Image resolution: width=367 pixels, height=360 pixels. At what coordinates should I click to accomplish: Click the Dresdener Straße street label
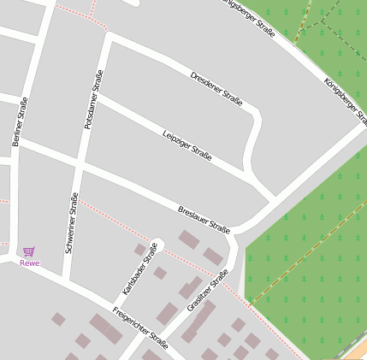[x=216, y=89]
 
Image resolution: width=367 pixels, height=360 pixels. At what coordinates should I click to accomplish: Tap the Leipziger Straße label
[x=186, y=143]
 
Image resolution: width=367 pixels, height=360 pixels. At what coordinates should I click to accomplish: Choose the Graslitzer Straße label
[x=207, y=291]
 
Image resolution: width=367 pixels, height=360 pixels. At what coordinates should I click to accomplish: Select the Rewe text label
[x=30, y=263]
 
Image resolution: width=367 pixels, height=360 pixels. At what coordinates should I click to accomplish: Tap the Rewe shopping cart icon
[x=30, y=251]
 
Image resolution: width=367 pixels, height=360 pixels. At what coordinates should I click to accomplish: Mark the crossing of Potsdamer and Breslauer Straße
[x=78, y=163]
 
